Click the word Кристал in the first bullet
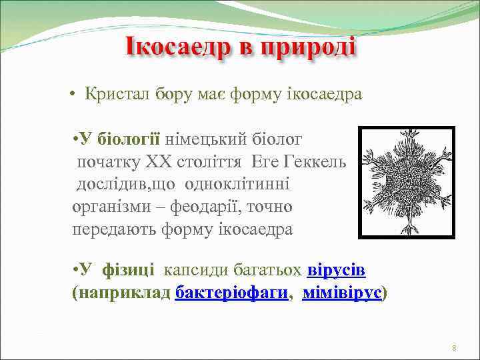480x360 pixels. point(117,94)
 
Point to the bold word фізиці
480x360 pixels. point(128,269)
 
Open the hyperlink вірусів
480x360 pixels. point(336,269)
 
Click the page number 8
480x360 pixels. point(453,348)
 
